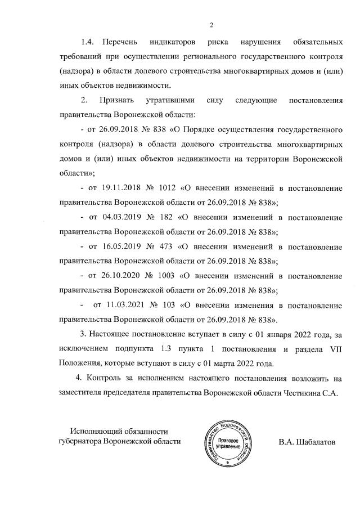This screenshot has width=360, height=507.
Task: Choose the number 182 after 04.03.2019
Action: (165, 217)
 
